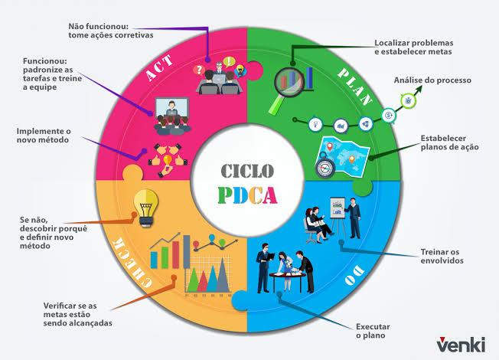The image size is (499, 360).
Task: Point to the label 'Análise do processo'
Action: [432, 80]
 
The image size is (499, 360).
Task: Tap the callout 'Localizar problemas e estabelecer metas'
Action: [413, 47]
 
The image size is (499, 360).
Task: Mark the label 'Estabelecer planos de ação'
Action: [449, 142]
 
